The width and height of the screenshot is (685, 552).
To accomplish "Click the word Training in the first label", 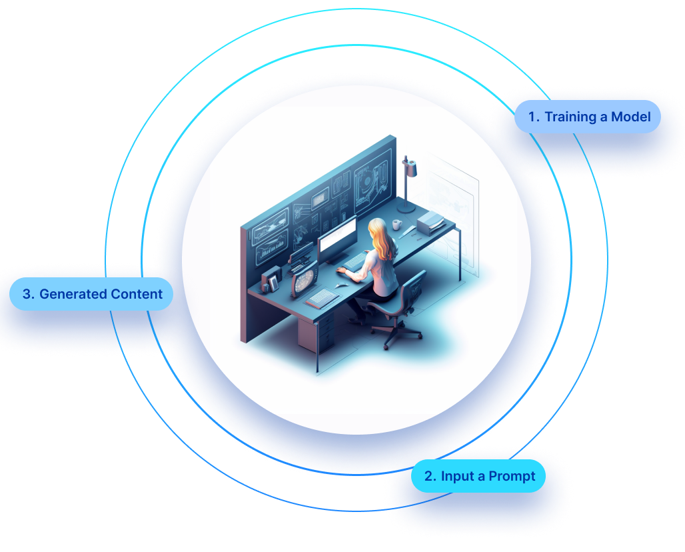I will point(568,117).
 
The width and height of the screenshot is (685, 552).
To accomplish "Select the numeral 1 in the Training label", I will point(532,117).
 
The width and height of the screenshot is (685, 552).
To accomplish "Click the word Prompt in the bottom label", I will point(512,476).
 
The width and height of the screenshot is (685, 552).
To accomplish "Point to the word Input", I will point(457,476).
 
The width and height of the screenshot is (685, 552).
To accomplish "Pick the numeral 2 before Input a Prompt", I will point(430,476).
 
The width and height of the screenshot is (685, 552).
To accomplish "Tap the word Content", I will point(137,294).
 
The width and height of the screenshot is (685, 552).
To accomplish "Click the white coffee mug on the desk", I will point(396,224).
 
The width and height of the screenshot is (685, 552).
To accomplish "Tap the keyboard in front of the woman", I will point(355,261).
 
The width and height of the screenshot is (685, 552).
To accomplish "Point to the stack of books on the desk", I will point(431,222).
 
